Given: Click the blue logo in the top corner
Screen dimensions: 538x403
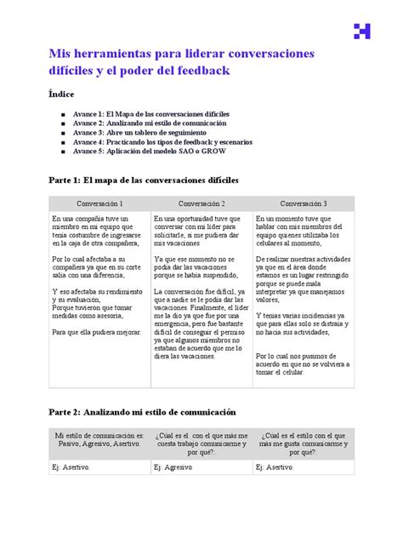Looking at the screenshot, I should point(362,31).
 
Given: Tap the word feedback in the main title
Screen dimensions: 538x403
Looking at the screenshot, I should point(200,72).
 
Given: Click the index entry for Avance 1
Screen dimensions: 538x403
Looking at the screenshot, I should point(150,112).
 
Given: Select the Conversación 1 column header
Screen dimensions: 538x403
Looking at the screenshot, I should point(99,204).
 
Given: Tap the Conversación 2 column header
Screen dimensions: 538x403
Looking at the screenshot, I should point(201,204).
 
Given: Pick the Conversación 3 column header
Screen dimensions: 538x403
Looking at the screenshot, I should point(304,204).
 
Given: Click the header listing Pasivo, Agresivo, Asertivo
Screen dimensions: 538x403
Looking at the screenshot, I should point(99,442).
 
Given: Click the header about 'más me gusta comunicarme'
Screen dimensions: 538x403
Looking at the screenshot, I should point(304,442).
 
